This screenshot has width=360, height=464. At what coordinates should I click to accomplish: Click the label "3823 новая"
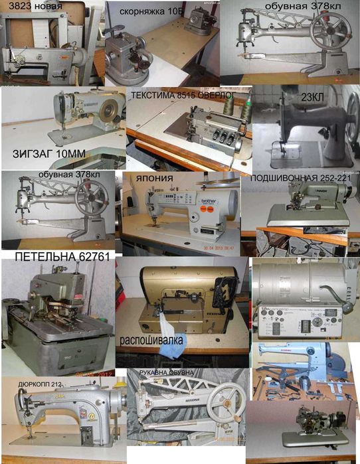(x=32, y=8)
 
